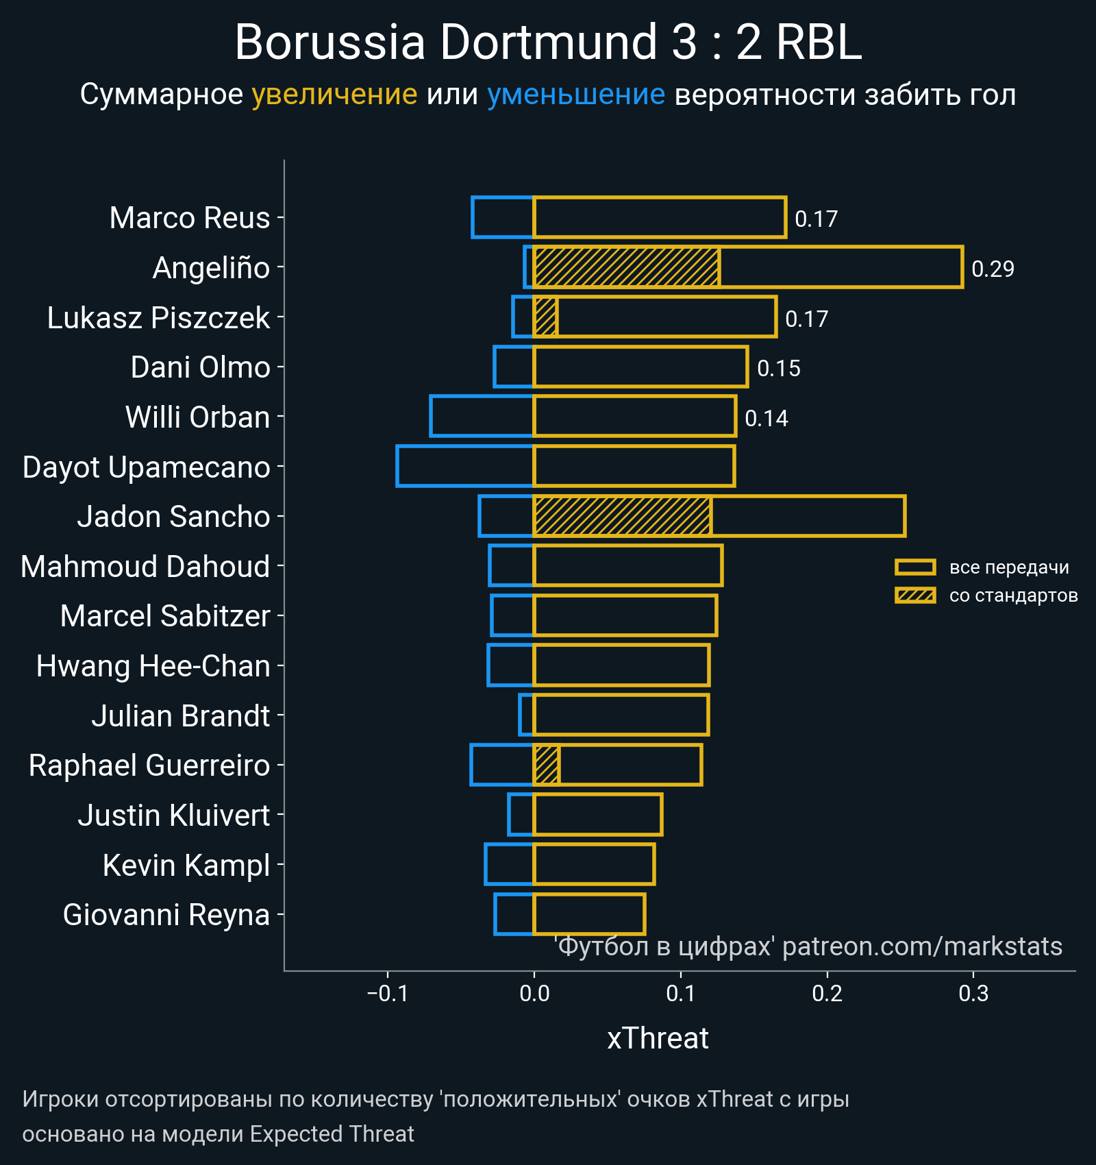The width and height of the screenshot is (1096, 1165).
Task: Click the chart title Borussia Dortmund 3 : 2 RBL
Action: point(548,42)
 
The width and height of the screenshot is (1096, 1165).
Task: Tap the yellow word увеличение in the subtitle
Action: point(334,95)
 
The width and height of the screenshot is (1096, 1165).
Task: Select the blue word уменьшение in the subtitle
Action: point(575,95)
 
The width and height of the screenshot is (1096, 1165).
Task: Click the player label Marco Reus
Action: point(190,218)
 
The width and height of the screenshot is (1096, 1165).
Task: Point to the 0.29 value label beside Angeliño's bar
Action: point(993,269)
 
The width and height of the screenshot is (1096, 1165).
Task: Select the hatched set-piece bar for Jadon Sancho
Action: point(622,516)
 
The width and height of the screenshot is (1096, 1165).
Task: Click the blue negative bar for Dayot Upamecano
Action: point(465,467)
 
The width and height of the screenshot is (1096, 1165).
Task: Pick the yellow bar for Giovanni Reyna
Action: point(589,914)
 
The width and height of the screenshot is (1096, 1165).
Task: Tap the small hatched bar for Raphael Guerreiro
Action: point(546,765)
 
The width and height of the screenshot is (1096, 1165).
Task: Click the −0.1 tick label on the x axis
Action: point(388,994)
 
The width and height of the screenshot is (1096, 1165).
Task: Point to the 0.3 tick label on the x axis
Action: point(973,994)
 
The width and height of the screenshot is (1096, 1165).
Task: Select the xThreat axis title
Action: point(658,1038)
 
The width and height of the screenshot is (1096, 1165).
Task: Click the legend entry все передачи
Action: point(1008,567)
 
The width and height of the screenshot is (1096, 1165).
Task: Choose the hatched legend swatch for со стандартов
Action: point(915,596)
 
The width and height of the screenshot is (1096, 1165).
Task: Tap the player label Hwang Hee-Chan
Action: point(153,666)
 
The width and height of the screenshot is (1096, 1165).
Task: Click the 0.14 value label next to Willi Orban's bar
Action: point(766,418)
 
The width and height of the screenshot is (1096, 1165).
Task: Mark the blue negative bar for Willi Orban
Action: point(482,416)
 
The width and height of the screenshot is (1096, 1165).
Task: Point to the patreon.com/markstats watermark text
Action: point(922,946)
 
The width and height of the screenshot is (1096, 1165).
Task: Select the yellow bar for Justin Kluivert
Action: point(597,815)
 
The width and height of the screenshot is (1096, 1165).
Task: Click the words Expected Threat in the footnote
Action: point(332,1134)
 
